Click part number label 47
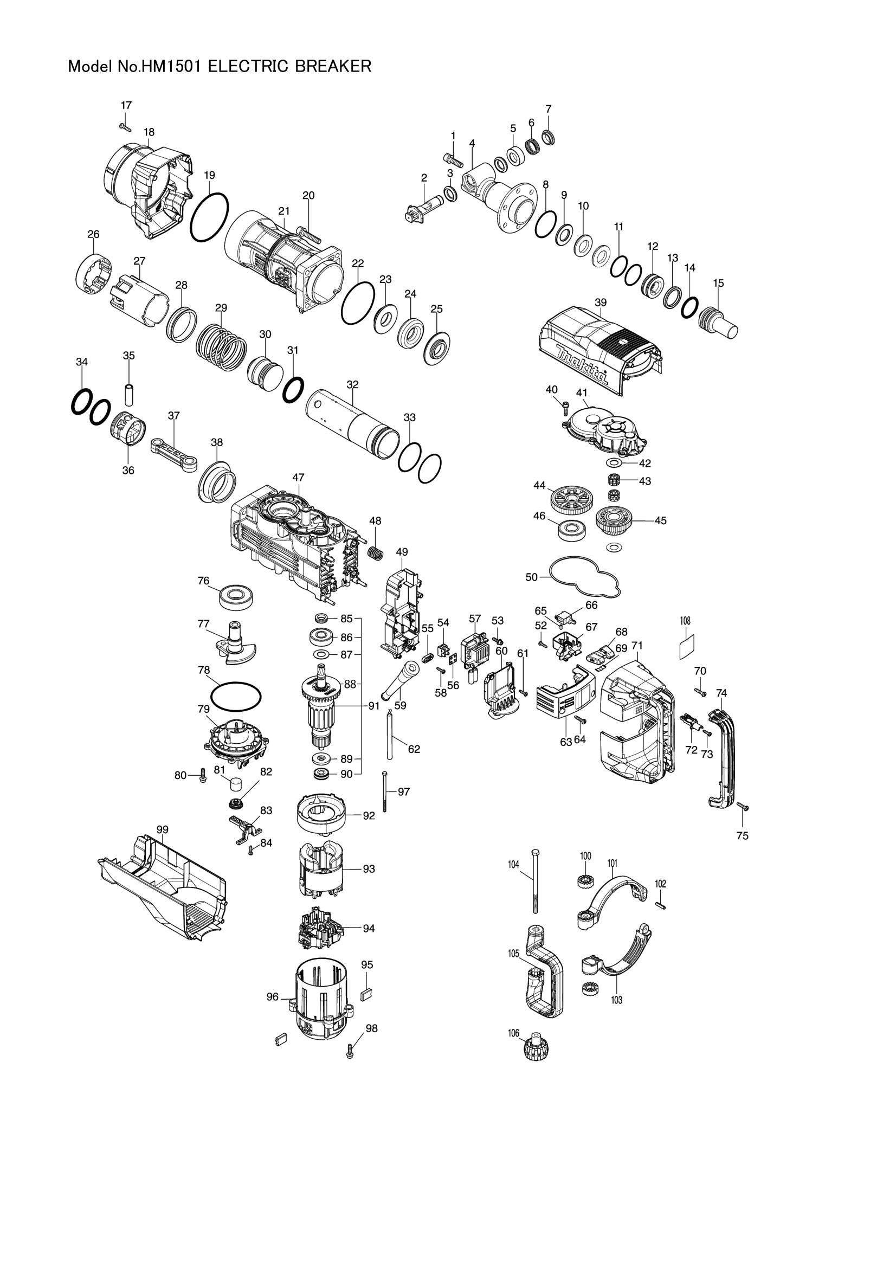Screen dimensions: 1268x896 [298, 477]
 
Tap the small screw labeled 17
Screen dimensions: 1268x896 [125, 126]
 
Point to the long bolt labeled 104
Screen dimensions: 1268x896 [534, 882]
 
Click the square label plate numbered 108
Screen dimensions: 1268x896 [686, 646]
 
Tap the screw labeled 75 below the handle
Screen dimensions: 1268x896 [743, 806]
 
